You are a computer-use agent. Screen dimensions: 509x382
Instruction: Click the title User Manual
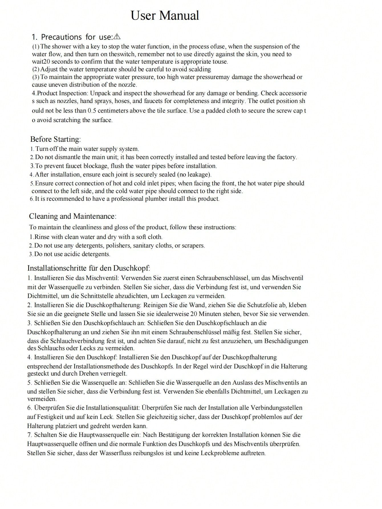[165, 15]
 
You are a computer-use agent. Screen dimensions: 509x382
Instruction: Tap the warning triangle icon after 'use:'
[117, 37]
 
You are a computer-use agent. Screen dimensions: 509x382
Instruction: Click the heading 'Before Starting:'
[56, 139]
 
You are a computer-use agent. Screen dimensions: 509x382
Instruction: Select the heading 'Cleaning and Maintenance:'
[73, 216]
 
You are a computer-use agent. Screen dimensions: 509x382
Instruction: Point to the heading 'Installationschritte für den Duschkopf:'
[89, 268]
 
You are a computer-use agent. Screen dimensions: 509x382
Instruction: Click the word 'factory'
[286, 157]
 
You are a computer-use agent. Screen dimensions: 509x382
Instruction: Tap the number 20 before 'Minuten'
[194, 314]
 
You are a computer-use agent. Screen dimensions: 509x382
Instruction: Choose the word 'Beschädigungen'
[286, 341]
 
